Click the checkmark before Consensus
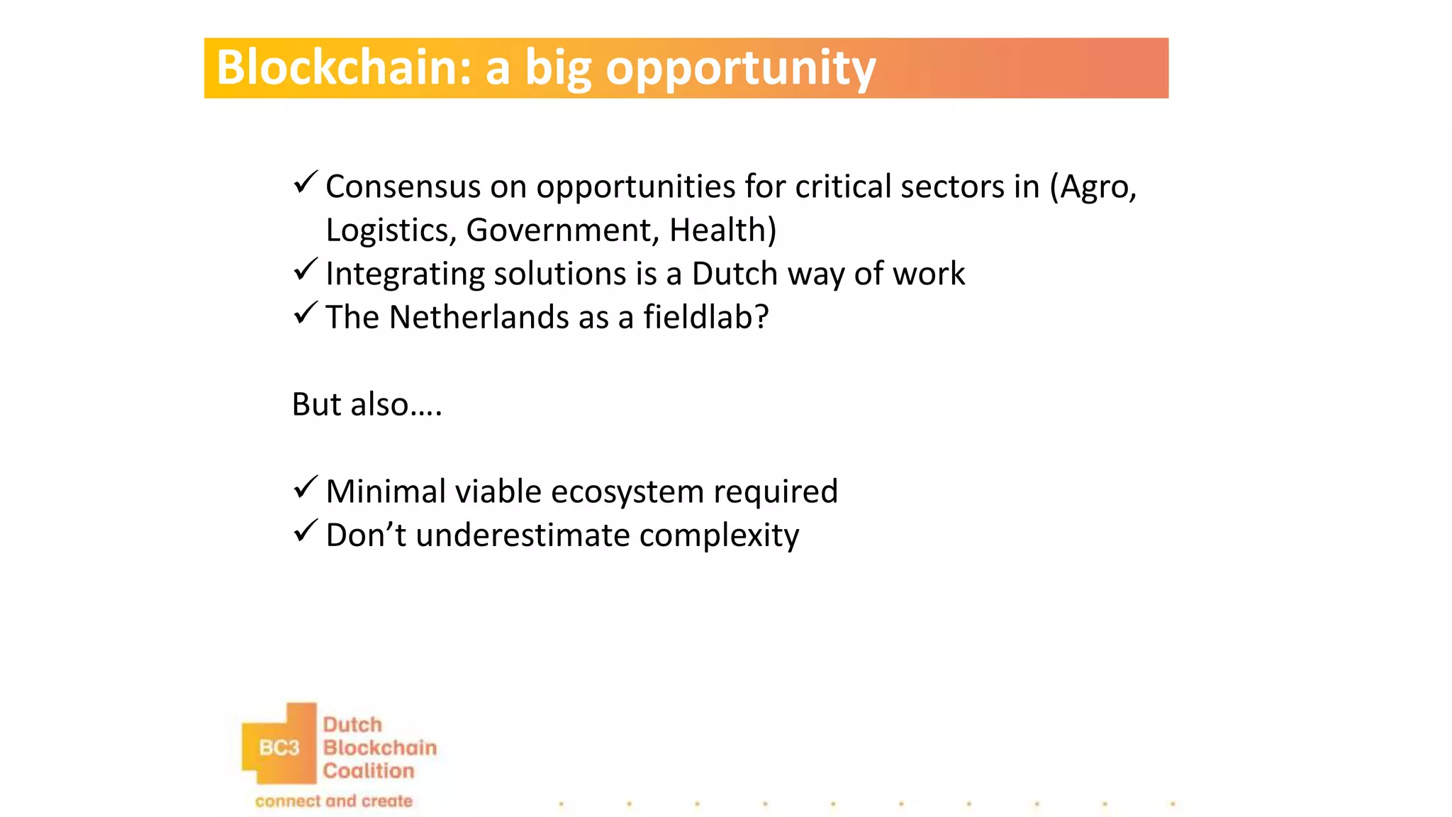[x=305, y=183]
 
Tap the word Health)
[x=722, y=230]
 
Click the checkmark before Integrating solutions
[x=305, y=270]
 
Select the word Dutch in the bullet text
[x=735, y=274]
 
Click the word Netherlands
[x=479, y=317]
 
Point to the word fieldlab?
[x=705, y=317]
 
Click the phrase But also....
[x=366, y=404]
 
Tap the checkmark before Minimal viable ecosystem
[x=305, y=488]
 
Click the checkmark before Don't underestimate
[x=305, y=531]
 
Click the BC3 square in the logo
[x=279, y=747]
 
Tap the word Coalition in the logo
[x=368, y=771]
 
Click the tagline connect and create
[x=333, y=801]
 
